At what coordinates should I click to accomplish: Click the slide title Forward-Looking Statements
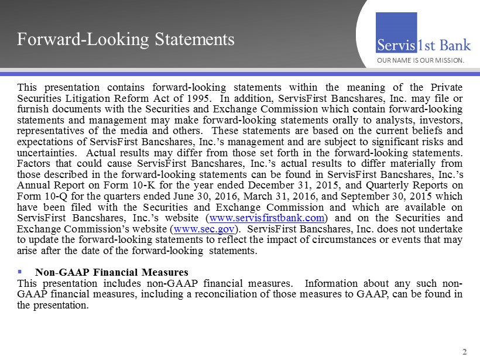click(126, 39)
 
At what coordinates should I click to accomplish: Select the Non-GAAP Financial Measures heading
click(111, 272)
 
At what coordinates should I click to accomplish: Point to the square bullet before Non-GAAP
click(20, 272)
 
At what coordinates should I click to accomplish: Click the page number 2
click(464, 352)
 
